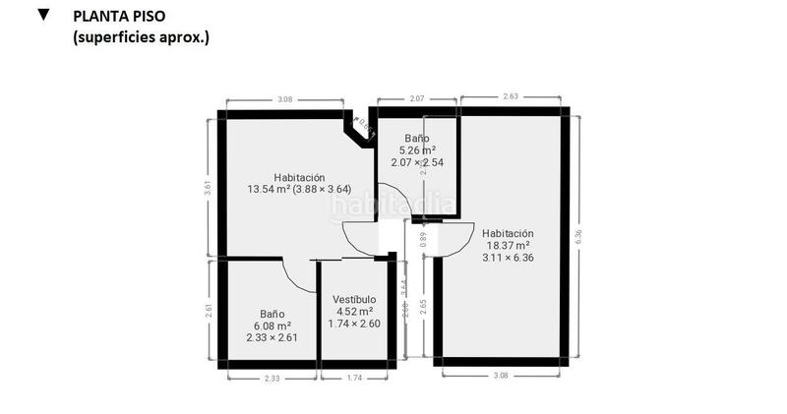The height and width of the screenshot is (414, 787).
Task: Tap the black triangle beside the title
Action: point(43,15)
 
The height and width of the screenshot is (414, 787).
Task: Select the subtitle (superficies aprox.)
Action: point(141,37)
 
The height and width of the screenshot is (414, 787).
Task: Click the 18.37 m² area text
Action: point(508,245)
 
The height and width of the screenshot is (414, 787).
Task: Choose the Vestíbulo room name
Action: point(354,299)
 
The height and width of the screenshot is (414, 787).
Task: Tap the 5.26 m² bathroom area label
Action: point(417,150)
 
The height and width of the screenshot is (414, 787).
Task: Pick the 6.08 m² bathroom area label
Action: point(272,325)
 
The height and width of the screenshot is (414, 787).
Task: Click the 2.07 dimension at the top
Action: point(417,99)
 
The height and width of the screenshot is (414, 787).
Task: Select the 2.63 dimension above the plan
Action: point(510,96)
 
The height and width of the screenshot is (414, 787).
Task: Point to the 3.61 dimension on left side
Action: point(208,188)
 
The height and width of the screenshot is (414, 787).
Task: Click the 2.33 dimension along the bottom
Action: point(272,378)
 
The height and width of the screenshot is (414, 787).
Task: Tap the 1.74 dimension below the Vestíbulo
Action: point(354,378)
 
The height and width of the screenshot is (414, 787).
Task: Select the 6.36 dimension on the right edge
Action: point(578,236)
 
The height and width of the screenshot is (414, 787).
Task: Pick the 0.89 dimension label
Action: point(423,236)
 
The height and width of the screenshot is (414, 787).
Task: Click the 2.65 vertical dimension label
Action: point(423,304)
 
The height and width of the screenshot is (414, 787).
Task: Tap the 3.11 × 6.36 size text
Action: point(508,258)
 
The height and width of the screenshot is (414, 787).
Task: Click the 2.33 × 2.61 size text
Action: point(272,338)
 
